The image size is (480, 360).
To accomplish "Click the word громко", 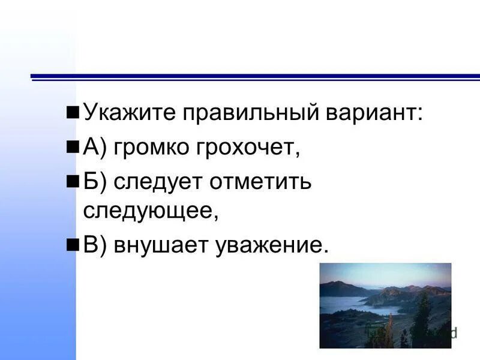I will pos(152,147).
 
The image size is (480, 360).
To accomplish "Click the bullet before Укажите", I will pos(73,113).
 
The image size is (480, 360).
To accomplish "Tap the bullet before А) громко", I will pos(73,147).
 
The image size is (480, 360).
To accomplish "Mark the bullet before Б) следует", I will pos(73,181).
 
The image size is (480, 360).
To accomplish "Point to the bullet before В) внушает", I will pos(73,245).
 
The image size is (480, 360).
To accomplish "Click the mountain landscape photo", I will pos(385,305).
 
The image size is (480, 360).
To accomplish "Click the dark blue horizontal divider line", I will pos(255,77).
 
